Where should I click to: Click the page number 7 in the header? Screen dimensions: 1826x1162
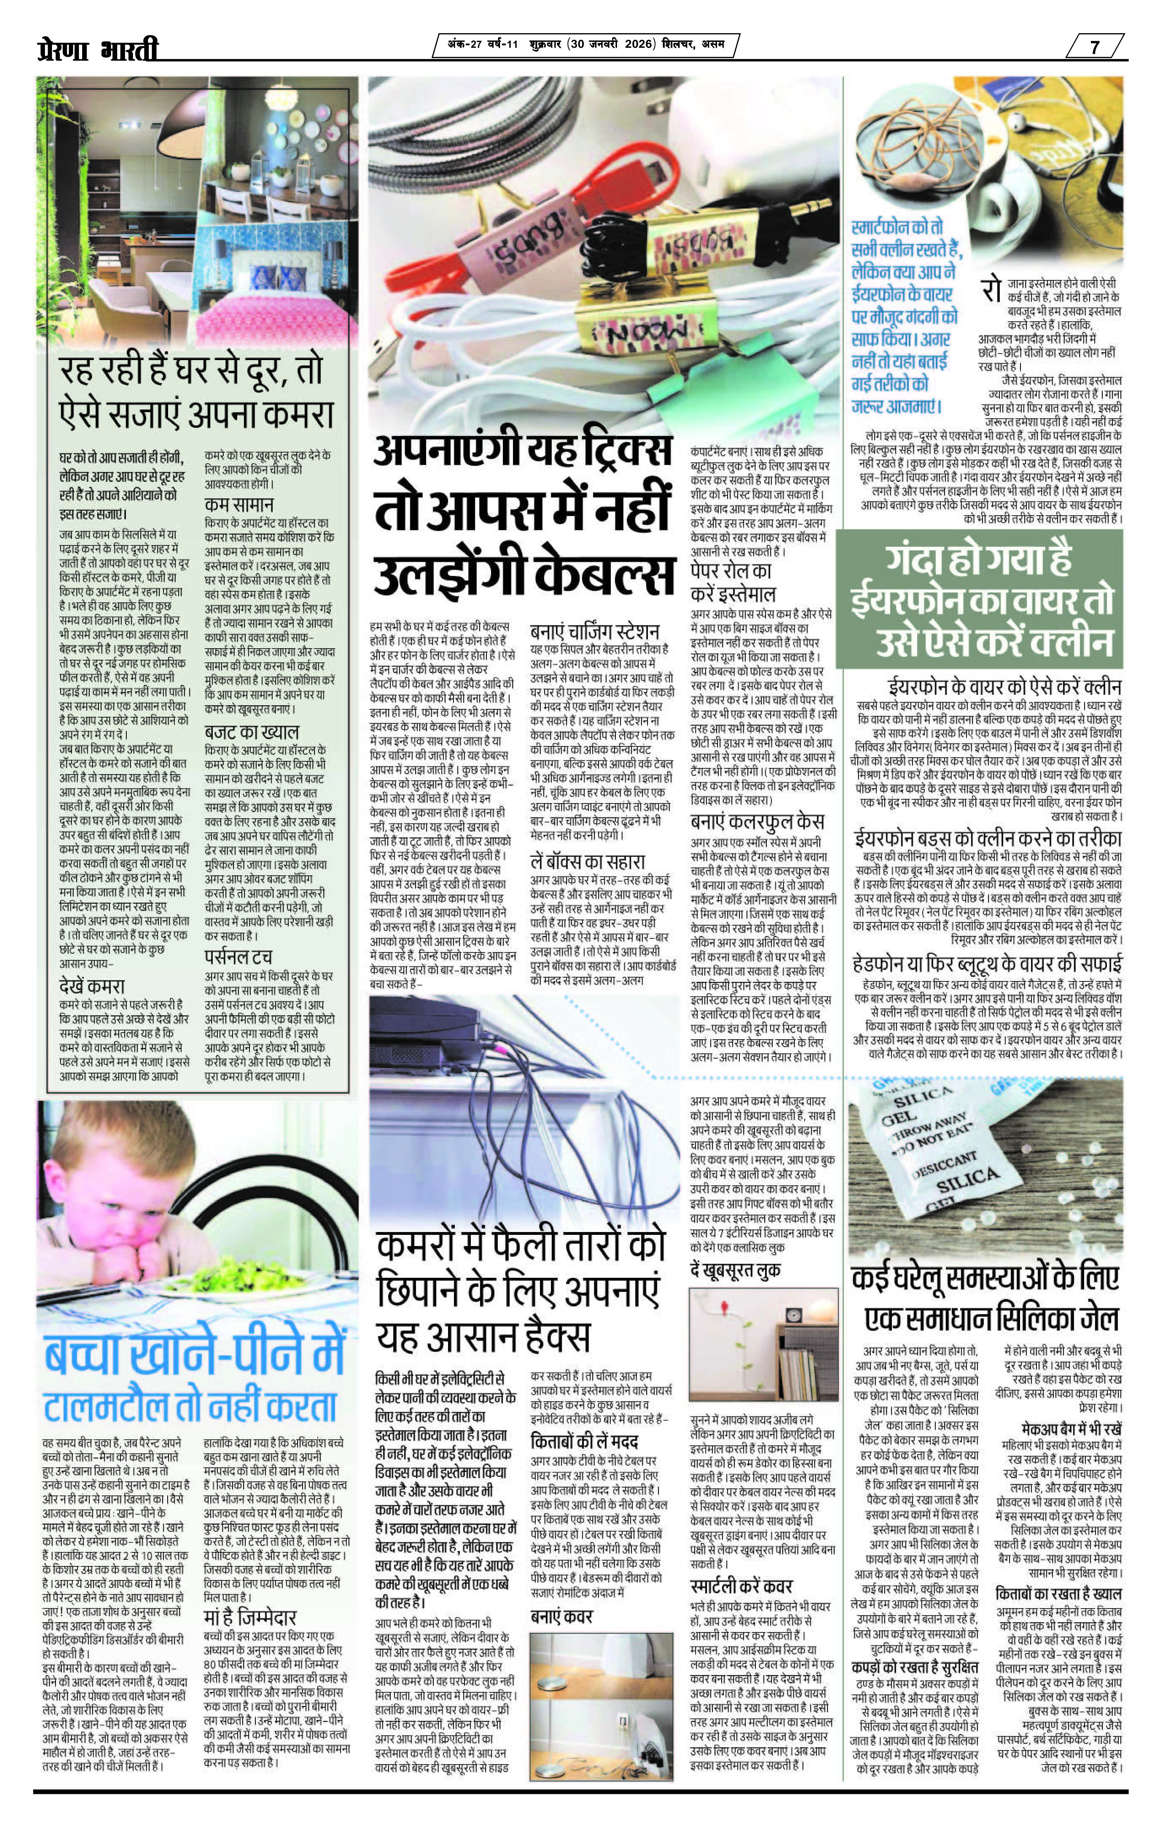point(1095,47)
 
